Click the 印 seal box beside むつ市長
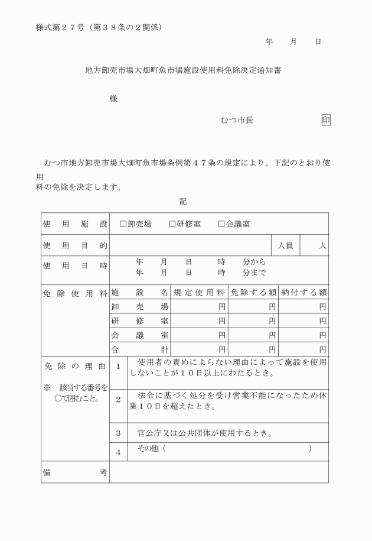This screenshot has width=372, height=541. (326, 120)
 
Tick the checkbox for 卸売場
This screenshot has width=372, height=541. (123, 224)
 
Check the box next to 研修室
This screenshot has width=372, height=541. (172, 224)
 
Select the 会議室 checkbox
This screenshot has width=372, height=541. (221, 224)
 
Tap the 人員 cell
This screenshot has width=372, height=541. (286, 245)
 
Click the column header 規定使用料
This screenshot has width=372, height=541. (199, 292)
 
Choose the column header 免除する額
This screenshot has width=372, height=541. (253, 292)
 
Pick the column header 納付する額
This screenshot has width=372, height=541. (303, 292)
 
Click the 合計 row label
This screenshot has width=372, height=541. (140, 349)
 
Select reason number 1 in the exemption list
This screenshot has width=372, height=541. (118, 367)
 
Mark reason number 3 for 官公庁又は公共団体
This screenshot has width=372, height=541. (118, 433)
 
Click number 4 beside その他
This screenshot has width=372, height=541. (118, 453)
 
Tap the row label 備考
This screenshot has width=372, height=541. (74, 472)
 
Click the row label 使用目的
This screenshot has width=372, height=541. (74, 245)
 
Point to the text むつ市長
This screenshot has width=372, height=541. (237, 120)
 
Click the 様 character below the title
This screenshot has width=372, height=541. (113, 99)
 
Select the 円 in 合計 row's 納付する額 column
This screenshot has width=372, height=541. (322, 349)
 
